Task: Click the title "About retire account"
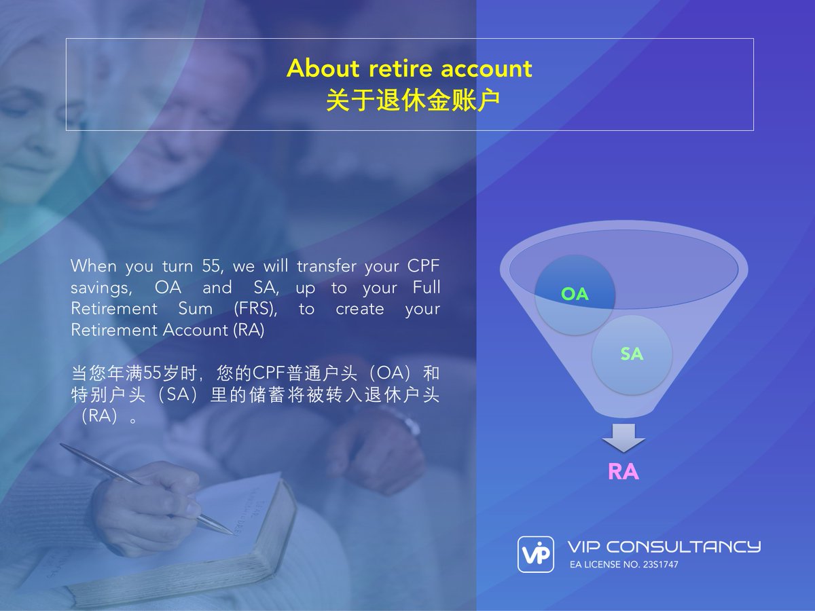pyautogui.click(x=409, y=69)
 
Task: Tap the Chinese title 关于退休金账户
pyautogui.click(x=413, y=100)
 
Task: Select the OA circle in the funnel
pyautogui.click(x=575, y=295)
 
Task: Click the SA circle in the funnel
pyautogui.click(x=632, y=354)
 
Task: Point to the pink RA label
pyautogui.click(x=623, y=471)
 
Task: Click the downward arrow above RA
pyautogui.click(x=623, y=438)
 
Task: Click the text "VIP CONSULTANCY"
pyautogui.click(x=664, y=547)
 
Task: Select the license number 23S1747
pyautogui.click(x=659, y=565)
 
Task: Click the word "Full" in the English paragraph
pyautogui.click(x=426, y=287)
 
